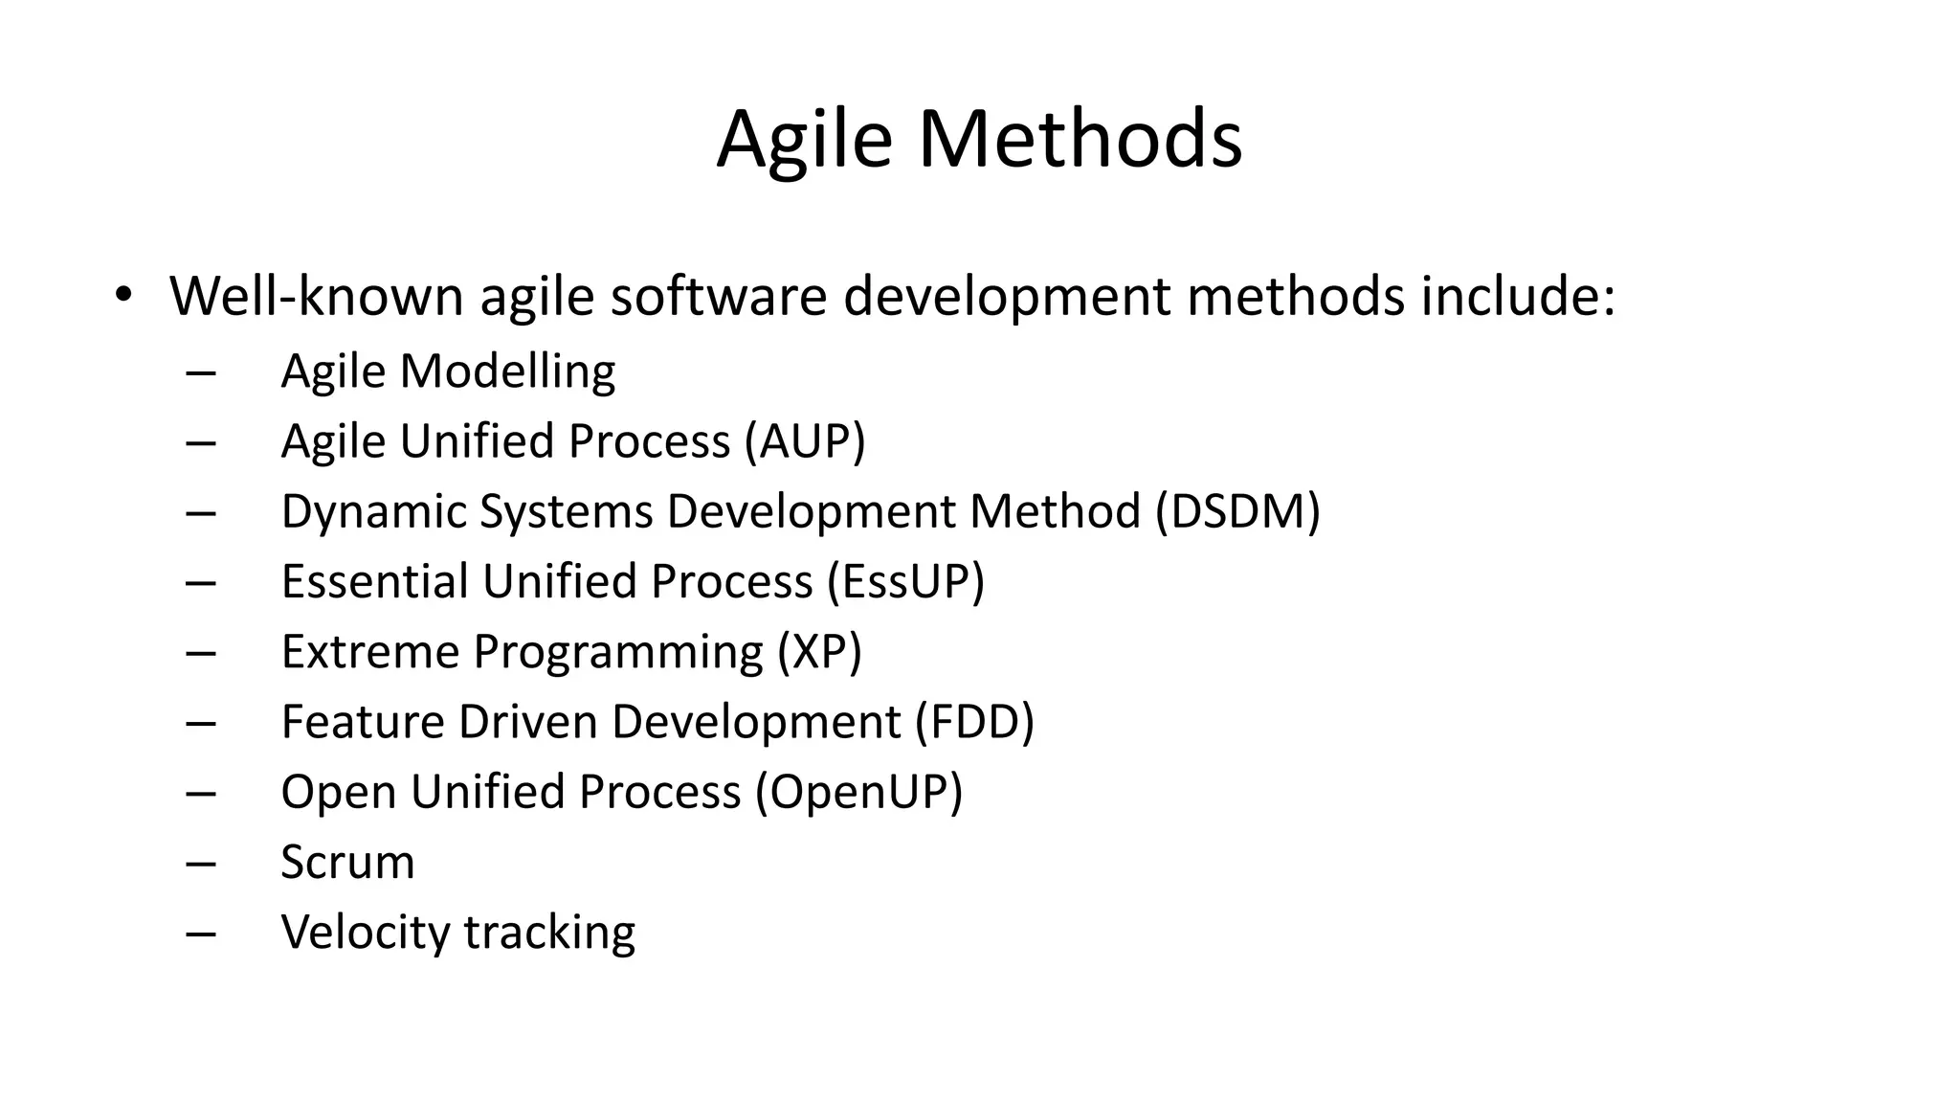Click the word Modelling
[x=507, y=371]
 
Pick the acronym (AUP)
[x=805, y=441]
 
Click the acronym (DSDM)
[x=1237, y=511]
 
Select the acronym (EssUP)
[x=905, y=581]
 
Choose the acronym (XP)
[x=819, y=651]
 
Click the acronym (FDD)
[x=974, y=721]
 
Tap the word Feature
[x=363, y=721]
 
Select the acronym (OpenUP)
[x=858, y=792]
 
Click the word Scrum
[x=347, y=862]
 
